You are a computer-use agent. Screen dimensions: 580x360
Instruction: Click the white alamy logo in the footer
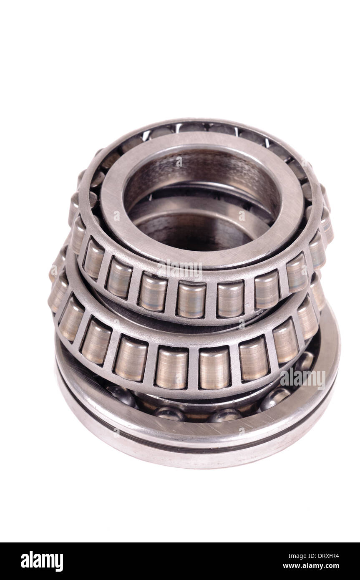[x=42, y=561]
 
